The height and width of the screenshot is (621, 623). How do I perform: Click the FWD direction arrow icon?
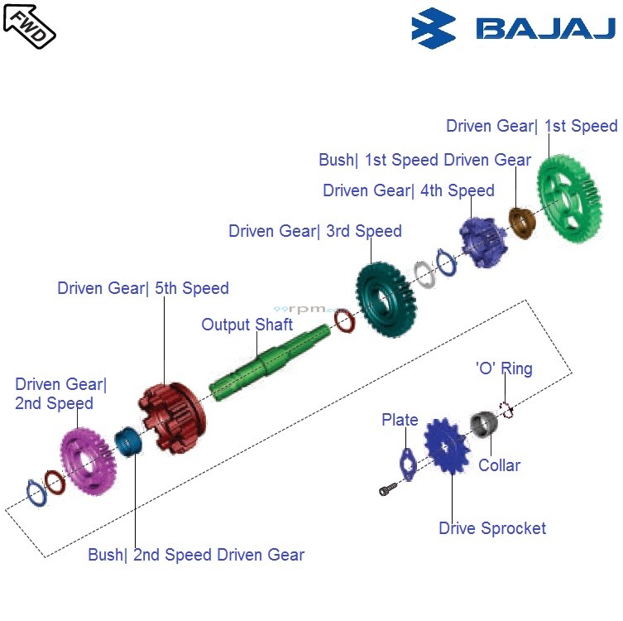(29, 25)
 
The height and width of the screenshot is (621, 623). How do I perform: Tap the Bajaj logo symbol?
(433, 28)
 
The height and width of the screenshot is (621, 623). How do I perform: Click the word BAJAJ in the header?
(545, 29)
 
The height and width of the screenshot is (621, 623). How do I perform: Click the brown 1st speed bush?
(520, 222)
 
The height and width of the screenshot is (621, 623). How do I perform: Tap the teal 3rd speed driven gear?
(386, 299)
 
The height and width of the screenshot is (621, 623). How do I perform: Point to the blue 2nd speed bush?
(128, 440)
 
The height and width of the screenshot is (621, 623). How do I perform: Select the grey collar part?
(483, 426)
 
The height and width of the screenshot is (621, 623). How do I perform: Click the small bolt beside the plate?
(386, 491)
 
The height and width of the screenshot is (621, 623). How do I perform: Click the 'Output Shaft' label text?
(247, 325)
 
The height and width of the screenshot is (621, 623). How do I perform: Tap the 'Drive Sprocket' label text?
(491, 528)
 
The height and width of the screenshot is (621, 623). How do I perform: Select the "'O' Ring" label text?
(503, 368)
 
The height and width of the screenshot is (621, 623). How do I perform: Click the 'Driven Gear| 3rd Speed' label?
(314, 231)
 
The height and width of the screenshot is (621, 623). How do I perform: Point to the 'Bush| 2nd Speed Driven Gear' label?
(196, 555)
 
